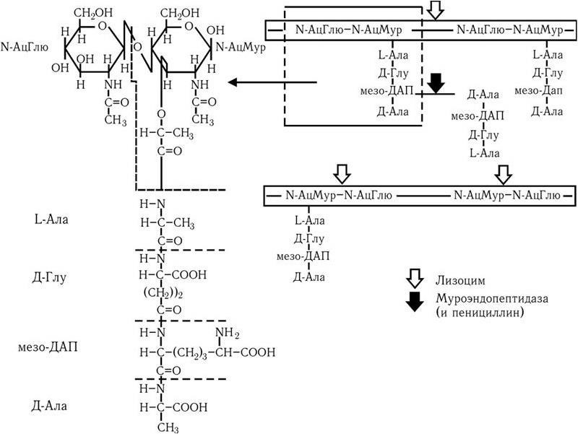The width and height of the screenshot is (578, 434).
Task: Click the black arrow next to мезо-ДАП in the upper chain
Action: click(435, 83)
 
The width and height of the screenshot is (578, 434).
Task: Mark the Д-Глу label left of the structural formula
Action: click(50, 278)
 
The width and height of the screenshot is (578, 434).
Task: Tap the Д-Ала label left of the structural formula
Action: click(50, 406)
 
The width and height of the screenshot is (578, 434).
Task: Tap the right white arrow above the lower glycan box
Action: click(503, 174)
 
